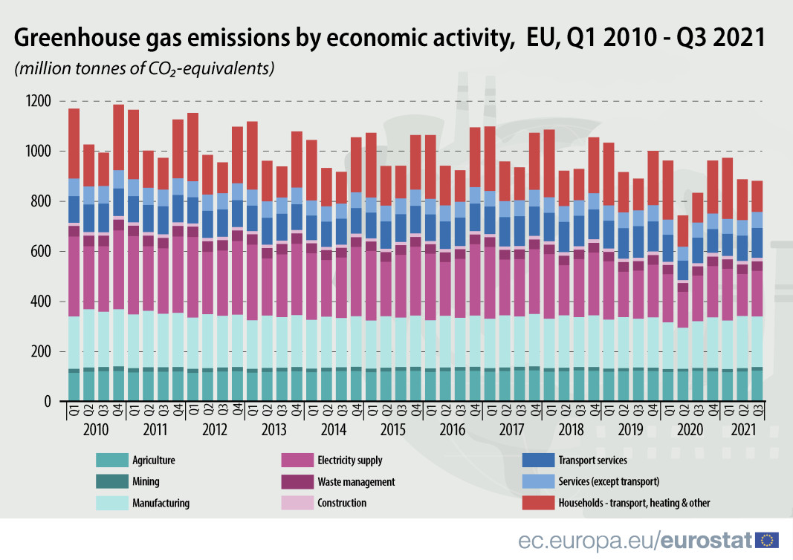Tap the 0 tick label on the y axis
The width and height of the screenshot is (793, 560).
click(x=48, y=402)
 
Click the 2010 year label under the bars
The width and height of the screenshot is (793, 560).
click(x=96, y=429)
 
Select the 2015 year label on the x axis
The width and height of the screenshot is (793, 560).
click(x=393, y=429)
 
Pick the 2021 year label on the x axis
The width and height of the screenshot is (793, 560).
click(x=744, y=429)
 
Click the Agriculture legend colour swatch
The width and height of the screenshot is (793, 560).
click(x=111, y=460)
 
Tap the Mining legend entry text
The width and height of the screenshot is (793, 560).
click(x=145, y=482)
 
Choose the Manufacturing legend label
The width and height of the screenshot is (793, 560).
click(x=160, y=504)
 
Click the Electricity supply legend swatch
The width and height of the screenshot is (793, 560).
click(x=297, y=460)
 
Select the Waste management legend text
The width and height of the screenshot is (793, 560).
click(x=356, y=482)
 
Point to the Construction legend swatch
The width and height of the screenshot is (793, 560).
click(x=297, y=504)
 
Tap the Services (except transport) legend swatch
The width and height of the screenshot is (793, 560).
click(x=538, y=482)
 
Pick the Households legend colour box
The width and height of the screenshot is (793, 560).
click(x=538, y=504)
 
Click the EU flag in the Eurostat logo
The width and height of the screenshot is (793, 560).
click(x=766, y=540)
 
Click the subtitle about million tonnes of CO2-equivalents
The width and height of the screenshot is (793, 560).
click(x=145, y=69)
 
